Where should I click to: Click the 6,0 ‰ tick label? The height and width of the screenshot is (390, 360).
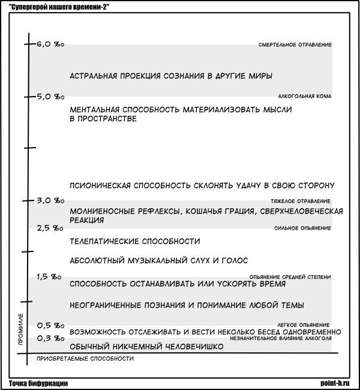tap(50, 44)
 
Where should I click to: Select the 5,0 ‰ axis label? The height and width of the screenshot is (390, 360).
tap(50, 97)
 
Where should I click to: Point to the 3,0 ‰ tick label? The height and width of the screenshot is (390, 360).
tap(50, 200)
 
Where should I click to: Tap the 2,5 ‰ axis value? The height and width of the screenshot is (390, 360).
tap(50, 228)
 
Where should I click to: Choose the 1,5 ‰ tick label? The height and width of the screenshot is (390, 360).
tap(50, 277)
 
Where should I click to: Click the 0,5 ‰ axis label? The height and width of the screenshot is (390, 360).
tap(50, 326)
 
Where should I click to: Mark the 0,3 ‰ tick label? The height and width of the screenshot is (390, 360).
tap(50, 338)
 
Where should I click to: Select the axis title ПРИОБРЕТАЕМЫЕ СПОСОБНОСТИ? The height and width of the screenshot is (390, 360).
tap(85, 359)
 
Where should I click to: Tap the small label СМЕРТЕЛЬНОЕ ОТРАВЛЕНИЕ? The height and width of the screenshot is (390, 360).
tap(295, 45)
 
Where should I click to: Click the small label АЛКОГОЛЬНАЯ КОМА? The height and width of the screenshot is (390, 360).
tap(304, 97)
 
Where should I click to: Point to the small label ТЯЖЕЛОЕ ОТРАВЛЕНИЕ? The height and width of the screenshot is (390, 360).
tap(301, 200)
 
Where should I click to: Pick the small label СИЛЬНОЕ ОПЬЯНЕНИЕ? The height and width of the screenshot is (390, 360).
tap(302, 228)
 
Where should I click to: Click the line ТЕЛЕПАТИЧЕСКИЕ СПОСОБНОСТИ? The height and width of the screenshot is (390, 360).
tap(134, 241)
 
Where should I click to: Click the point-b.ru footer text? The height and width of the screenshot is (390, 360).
tap(338, 383)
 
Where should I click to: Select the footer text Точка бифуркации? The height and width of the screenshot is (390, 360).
tap(38, 383)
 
